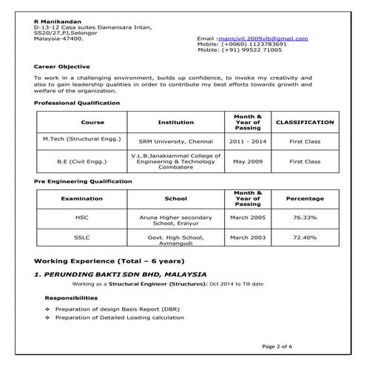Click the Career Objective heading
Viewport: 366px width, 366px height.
pyautogui.click(x=62, y=67)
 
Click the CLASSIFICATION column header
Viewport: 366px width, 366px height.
pyautogui.click(x=305, y=122)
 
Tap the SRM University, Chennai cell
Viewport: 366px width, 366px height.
pyautogui.click(x=176, y=140)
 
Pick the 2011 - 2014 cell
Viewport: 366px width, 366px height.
pyautogui.click(x=248, y=140)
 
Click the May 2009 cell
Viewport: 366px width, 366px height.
pyautogui.click(x=248, y=160)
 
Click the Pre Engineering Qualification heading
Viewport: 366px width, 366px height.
pyautogui.click(x=84, y=181)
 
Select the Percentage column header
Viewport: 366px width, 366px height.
pyautogui.click(x=305, y=199)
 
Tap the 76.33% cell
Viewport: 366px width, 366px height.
pyautogui.click(x=305, y=218)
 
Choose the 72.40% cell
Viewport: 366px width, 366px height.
pyautogui.click(x=305, y=237)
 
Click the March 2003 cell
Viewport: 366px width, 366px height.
pyautogui.click(x=248, y=237)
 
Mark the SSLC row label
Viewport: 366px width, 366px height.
pyautogui.click(x=82, y=237)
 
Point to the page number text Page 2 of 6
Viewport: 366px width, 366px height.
pyautogui.click(x=277, y=346)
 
